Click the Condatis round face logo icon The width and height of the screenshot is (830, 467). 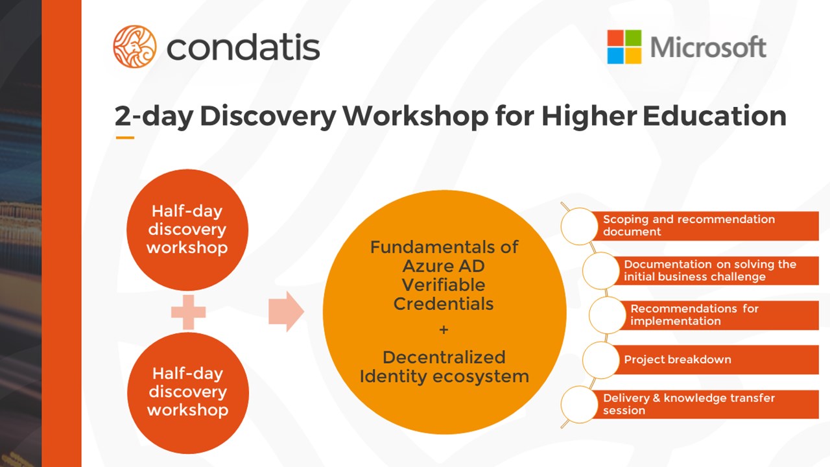click(x=135, y=47)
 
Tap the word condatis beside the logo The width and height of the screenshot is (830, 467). click(x=243, y=47)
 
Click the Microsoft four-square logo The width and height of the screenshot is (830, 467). click(x=624, y=47)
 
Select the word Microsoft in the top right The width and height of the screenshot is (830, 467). click(x=709, y=47)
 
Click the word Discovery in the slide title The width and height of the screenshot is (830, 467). click(x=268, y=116)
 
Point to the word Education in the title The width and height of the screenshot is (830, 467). click(x=715, y=115)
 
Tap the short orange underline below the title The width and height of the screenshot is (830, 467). click(x=125, y=138)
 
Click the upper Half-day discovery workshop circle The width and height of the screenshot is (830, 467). click(x=187, y=230)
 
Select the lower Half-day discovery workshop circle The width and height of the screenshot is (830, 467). click(x=188, y=393)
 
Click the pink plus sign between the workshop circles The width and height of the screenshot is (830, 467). click(x=188, y=312)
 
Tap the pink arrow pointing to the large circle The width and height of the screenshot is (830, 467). click(x=286, y=311)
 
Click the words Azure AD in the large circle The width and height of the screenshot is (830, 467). click(x=444, y=266)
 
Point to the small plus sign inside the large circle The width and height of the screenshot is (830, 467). click(x=444, y=329)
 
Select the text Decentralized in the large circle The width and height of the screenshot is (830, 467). click(x=444, y=357)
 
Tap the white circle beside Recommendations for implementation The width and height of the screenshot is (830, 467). click(x=608, y=315)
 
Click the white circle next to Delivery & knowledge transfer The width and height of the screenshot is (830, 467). click(x=580, y=404)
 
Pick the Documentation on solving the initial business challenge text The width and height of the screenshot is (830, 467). click(x=710, y=270)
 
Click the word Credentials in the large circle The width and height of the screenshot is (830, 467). click(x=444, y=304)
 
